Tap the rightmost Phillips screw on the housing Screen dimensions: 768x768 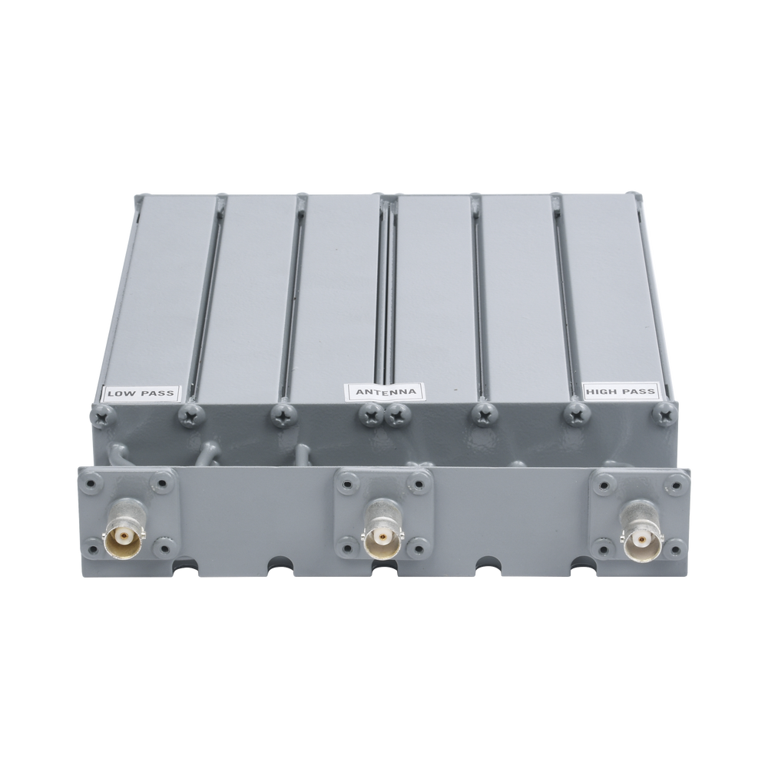coord(664,416)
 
